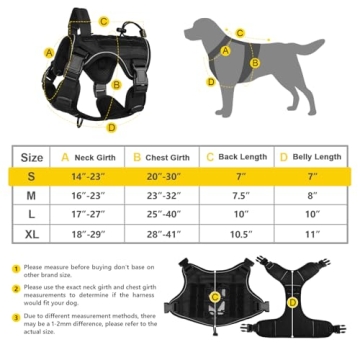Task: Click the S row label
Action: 31,176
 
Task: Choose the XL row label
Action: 31,234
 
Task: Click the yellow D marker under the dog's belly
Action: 211,82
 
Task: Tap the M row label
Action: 31,196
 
